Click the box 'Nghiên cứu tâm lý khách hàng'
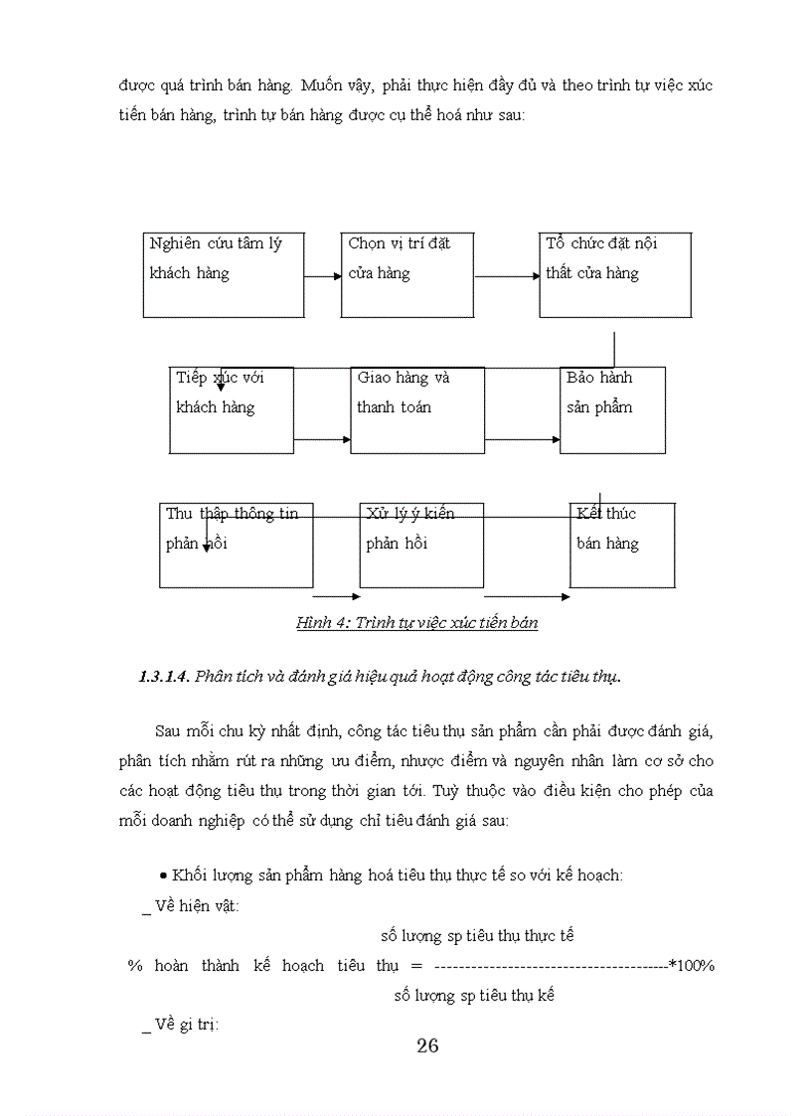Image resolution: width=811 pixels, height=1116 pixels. pos(224,275)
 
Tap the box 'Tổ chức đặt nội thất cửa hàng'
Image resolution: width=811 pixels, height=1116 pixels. pos(615,275)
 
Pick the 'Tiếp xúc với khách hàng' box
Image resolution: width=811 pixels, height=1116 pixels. pos(232,409)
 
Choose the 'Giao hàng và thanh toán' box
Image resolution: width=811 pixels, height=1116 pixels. pos(417,409)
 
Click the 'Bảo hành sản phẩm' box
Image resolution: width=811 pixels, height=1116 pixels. pos(612,409)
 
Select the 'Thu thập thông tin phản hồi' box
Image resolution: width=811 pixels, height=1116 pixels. pos(237,545)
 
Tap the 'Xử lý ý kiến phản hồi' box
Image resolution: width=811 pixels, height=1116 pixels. pos(421,545)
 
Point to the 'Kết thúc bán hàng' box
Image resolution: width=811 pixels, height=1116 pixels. pos(622,545)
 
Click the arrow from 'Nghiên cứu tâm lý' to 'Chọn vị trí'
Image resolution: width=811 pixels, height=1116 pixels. pos(323,275)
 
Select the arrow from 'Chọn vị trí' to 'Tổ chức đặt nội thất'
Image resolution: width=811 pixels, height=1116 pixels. pos(507,275)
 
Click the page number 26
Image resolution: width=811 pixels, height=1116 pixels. pos(427,1045)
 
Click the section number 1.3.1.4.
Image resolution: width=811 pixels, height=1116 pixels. pos(164,677)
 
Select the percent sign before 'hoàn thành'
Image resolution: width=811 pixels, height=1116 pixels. pos(135,965)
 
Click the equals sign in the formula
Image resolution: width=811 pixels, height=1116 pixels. pos(416,965)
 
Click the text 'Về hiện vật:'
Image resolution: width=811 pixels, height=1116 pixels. pos(197,905)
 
